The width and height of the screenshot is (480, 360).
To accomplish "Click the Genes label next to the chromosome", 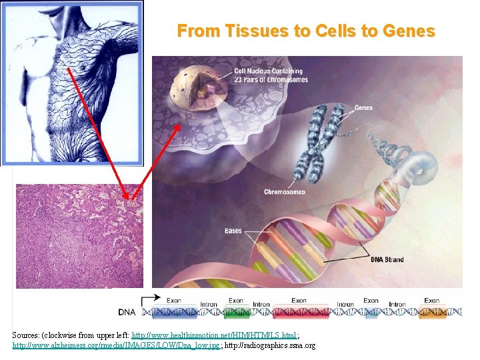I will (x=363, y=107).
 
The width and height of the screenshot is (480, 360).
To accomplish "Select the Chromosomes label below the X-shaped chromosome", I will (x=284, y=192).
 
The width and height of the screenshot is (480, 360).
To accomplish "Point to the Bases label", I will (x=233, y=231).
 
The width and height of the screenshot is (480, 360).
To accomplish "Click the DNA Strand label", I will (x=387, y=259).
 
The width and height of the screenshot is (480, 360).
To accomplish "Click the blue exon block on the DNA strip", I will (x=371, y=311).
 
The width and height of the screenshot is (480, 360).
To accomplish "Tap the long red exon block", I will (x=299, y=311).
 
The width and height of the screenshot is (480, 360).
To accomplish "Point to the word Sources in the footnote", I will (x=27, y=335).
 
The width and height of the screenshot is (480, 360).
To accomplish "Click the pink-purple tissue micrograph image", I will (x=79, y=236).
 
